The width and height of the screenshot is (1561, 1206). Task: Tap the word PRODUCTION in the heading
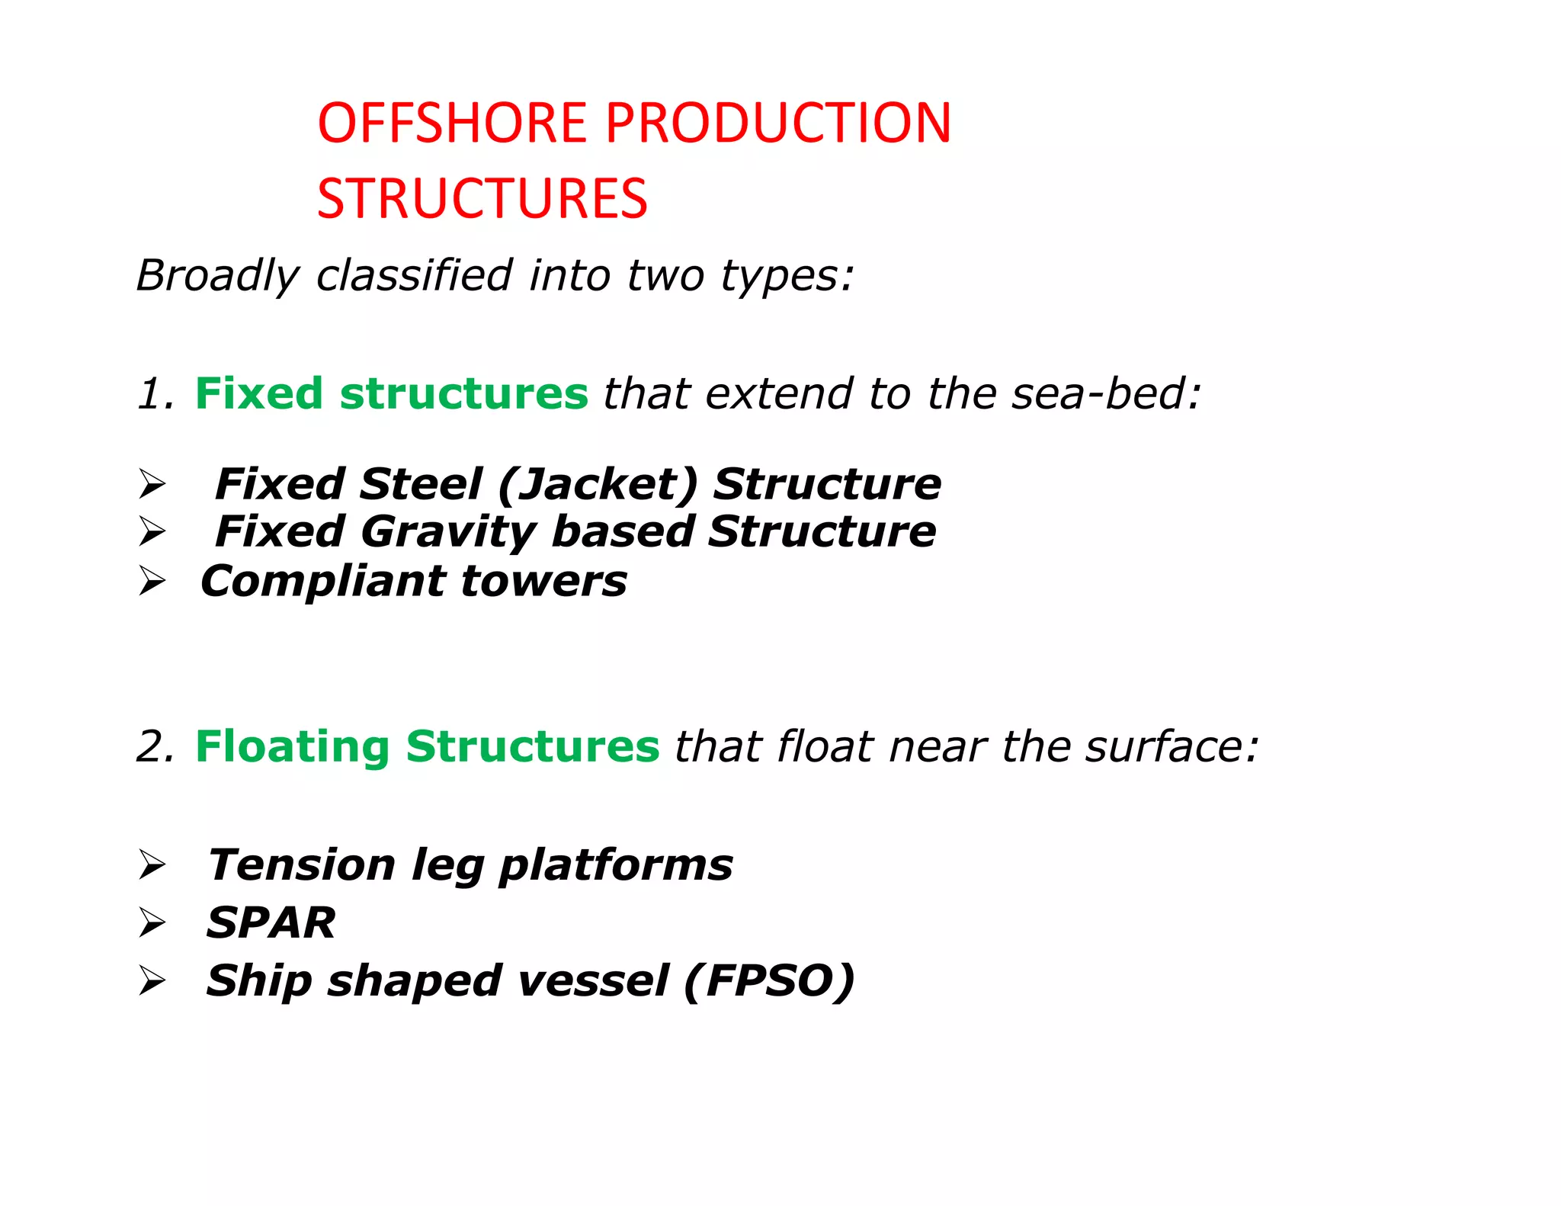[x=778, y=123]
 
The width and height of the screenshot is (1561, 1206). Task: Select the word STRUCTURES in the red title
[x=482, y=199]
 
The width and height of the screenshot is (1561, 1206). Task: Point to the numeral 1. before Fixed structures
[x=155, y=394]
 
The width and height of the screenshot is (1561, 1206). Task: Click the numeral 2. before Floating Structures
[x=155, y=746]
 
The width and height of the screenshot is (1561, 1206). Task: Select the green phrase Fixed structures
[x=391, y=394]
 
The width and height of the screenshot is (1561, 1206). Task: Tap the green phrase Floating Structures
[x=427, y=746]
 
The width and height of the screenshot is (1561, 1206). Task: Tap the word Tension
[x=302, y=865]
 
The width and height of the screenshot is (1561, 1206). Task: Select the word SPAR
[x=271, y=923]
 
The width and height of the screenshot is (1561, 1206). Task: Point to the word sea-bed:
[x=1106, y=394]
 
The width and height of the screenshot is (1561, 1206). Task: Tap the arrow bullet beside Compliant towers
[x=152, y=582]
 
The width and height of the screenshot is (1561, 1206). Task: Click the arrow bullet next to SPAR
[x=152, y=923]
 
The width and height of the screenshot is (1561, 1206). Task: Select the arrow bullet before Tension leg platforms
[x=152, y=865]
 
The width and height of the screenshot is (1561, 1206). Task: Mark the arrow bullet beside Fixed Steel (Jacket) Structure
[x=152, y=485]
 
